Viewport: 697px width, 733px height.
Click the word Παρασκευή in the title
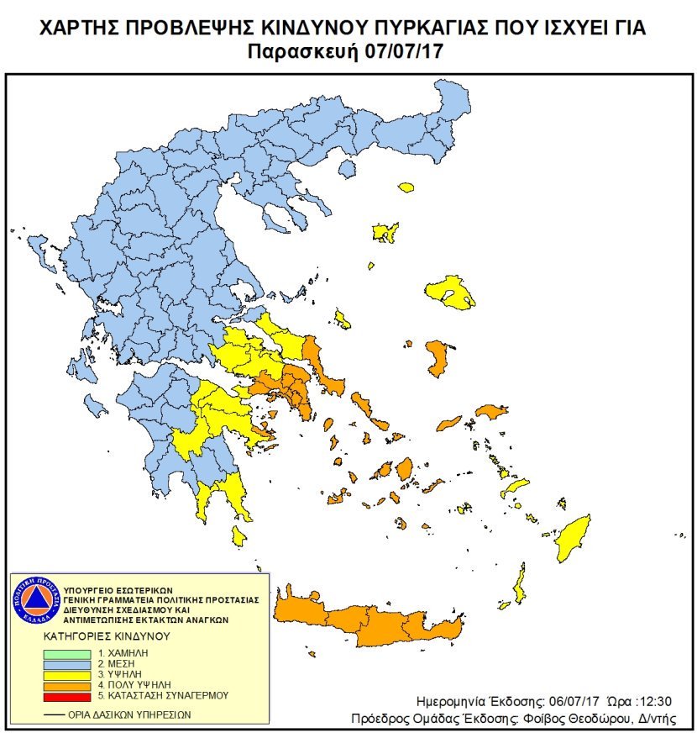(x=303, y=51)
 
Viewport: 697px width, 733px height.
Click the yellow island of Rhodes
(x=574, y=538)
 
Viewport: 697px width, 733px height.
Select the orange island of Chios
(x=437, y=357)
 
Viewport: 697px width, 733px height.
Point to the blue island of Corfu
(x=37, y=250)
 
